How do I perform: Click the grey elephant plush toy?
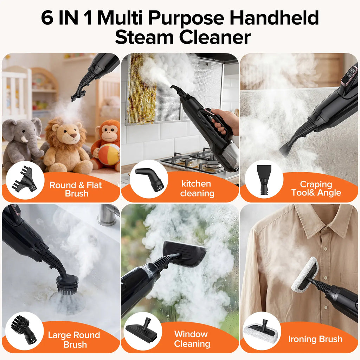pyautogui.click(x=22, y=142)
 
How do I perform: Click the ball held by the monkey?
pyautogui.click(x=109, y=154)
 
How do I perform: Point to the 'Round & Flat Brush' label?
pyautogui.click(x=76, y=189)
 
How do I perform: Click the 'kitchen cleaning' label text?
pyautogui.click(x=197, y=188)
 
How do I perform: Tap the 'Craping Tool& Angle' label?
pyautogui.click(x=316, y=188)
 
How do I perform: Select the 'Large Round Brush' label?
pyautogui.click(x=74, y=340)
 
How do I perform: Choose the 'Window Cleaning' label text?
pyautogui.click(x=192, y=339)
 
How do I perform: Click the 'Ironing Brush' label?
pyautogui.click(x=315, y=339)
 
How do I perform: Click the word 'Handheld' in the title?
pyautogui.click(x=274, y=18)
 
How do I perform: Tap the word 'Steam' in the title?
pyautogui.click(x=144, y=37)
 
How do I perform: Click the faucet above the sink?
pyautogui.click(x=108, y=215)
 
